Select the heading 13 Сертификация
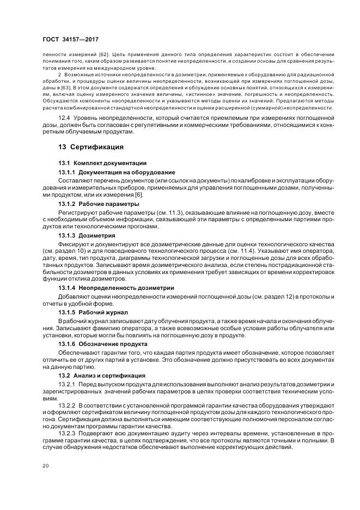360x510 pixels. point(91,147)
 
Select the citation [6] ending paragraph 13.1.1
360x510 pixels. point(139,195)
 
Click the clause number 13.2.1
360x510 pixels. point(66,385)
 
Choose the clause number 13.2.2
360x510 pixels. point(66,406)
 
